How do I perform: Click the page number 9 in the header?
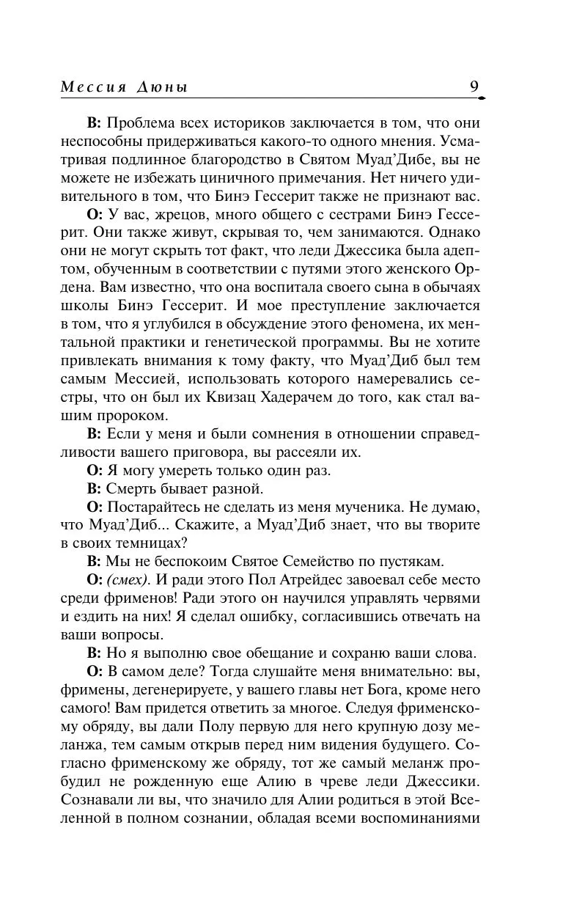click(474, 87)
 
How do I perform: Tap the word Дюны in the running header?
click(162, 87)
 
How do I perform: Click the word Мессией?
click(144, 379)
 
